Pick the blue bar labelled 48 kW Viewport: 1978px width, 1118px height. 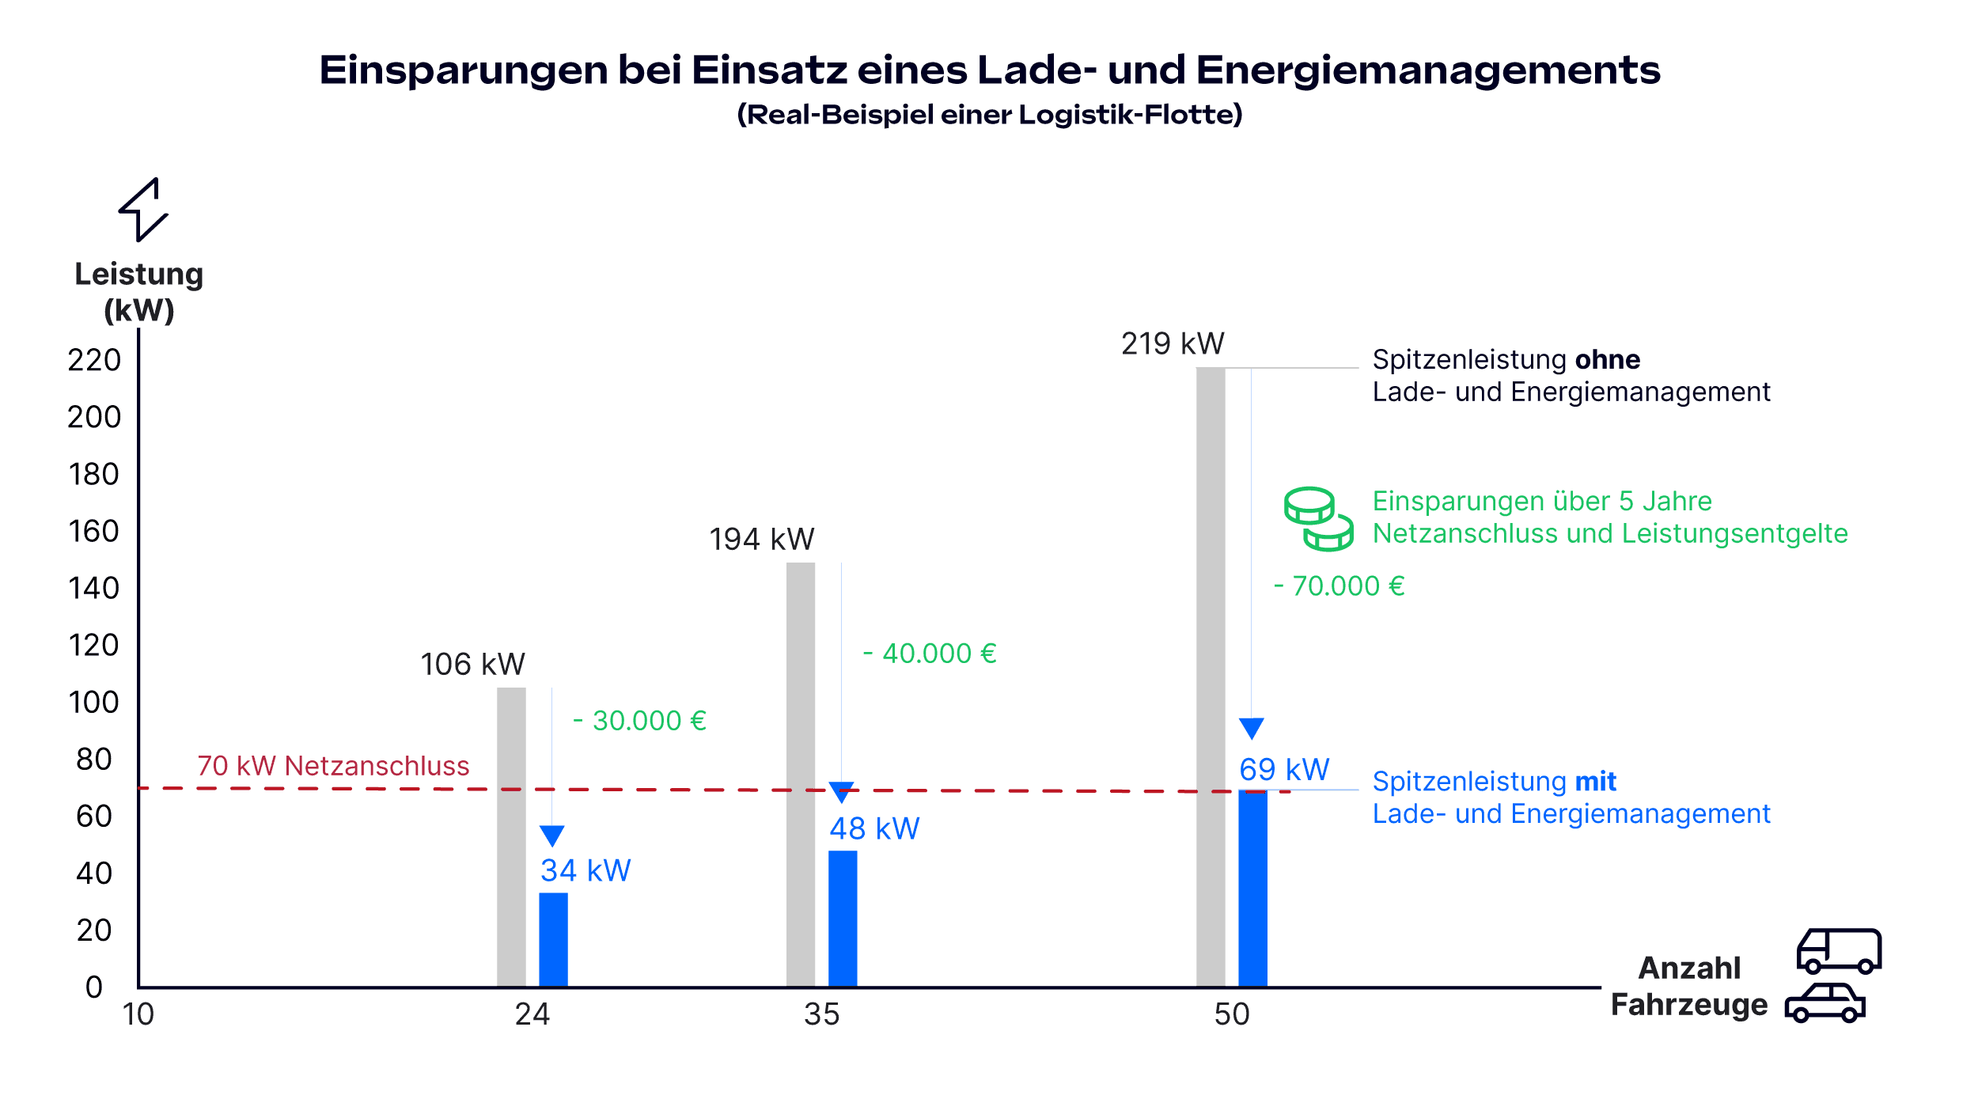pyautogui.click(x=843, y=918)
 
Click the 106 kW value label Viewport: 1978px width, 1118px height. pyautogui.click(x=472, y=665)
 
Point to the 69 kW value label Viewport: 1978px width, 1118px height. pyautogui.click(x=1284, y=769)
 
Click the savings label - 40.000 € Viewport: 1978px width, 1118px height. pyautogui.click(x=930, y=654)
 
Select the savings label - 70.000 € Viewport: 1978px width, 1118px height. pyautogui.click(x=1340, y=586)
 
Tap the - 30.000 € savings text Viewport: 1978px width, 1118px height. pyautogui.click(x=640, y=721)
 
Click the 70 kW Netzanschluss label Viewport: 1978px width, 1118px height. pyautogui.click(x=333, y=766)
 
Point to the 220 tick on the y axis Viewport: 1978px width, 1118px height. pyautogui.click(x=94, y=361)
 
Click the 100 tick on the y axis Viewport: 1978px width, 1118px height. pyautogui.click(x=94, y=703)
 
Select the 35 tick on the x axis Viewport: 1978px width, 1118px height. pyautogui.click(x=821, y=1014)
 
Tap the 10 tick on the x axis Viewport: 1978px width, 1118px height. pyautogui.click(x=138, y=1014)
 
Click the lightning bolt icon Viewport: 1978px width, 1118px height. pyautogui.click(x=143, y=210)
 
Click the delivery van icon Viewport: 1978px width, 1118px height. pyautogui.click(x=1838, y=950)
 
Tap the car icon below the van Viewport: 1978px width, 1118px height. pyautogui.click(x=1825, y=1003)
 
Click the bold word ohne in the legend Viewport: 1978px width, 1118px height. pyautogui.click(x=1607, y=360)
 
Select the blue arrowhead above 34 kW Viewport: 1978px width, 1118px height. pyautogui.click(x=552, y=836)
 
